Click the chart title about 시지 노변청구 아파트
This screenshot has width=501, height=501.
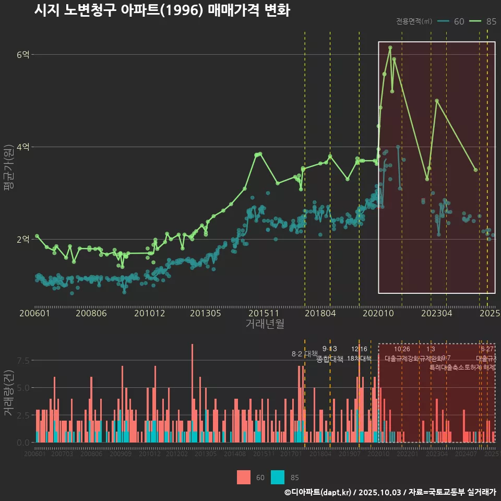tap(162, 10)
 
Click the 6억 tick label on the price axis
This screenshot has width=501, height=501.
tap(23, 54)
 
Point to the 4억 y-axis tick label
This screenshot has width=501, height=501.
tap(23, 147)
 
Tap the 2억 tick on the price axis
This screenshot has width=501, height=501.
tap(23, 240)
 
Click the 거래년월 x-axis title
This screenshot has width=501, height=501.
tap(265, 324)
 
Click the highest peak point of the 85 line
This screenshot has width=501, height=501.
tap(390, 47)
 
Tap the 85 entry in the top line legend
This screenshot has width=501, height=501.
tap(483, 21)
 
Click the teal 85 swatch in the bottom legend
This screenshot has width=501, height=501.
tap(278, 478)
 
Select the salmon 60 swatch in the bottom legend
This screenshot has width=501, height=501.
tap(244, 478)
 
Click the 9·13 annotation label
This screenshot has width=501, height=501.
tap(330, 349)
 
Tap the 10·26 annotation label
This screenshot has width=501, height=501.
tap(402, 349)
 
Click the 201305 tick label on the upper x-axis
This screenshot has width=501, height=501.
tap(206, 314)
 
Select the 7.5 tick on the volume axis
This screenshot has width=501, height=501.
tap(23, 361)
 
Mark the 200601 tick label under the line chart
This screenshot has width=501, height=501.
tap(34, 314)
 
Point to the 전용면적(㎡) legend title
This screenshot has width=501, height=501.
tap(414, 21)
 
